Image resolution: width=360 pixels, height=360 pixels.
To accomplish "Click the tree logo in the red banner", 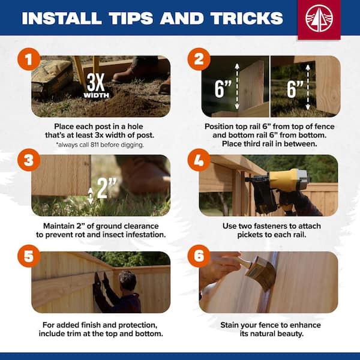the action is (x=319, y=18).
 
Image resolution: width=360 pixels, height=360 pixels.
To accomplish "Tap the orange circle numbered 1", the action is (x=29, y=59).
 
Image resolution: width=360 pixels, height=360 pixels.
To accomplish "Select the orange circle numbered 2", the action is (x=199, y=59).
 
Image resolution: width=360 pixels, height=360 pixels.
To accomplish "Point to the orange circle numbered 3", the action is (x=29, y=160).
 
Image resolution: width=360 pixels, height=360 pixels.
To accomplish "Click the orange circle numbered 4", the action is (x=199, y=160).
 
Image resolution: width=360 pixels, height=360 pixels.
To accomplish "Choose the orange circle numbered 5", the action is (x=29, y=256).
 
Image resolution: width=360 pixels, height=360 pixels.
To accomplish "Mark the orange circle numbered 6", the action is (x=199, y=256).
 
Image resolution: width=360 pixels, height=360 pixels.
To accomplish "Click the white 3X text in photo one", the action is (x=96, y=82).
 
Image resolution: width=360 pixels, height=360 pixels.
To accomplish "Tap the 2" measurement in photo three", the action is (x=106, y=188).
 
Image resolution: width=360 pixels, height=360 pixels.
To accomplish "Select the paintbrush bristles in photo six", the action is (x=262, y=273).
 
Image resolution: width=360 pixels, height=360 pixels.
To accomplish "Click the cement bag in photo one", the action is (x=52, y=77).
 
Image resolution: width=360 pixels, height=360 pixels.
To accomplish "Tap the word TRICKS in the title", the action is (x=247, y=18).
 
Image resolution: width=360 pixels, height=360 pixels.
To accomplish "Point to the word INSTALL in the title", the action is (x=62, y=18).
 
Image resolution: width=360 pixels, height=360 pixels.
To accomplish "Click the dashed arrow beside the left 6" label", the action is (x=237, y=86).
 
